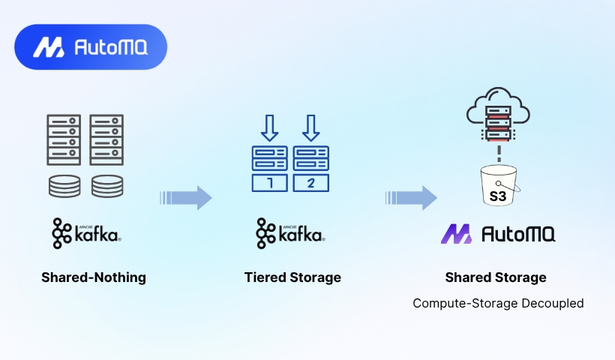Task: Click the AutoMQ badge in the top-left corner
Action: pyautogui.click(x=91, y=47)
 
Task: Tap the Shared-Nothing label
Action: pyautogui.click(x=94, y=277)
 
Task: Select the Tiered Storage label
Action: pyautogui.click(x=292, y=277)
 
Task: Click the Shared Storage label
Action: pyautogui.click(x=496, y=277)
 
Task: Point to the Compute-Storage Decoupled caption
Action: pyautogui.click(x=498, y=303)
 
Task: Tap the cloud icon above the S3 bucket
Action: pyautogui.click(x=498, y=112)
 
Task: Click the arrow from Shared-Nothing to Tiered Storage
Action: pyautogui.click(x=187, y=198)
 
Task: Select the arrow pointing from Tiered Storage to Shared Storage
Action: pyautogui.click(x=412, y=198)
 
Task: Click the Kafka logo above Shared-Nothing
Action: pyautogui.click(x=86, y=233)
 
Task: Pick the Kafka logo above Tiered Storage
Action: pyautogui.click(x=290, y=233)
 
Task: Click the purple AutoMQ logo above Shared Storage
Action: pyautogui.click(x=497, y=234)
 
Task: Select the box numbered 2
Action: pyautogui.click(x=311, y=183)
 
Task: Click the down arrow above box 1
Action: pyautogui.click(x=270, y=127)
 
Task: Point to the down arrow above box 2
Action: pyautogui.click(x=311, y=127)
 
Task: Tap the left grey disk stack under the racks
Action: pyautogui.click(x=64, y=186)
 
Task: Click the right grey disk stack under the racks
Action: pyautogui.click(x=106, y=186)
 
